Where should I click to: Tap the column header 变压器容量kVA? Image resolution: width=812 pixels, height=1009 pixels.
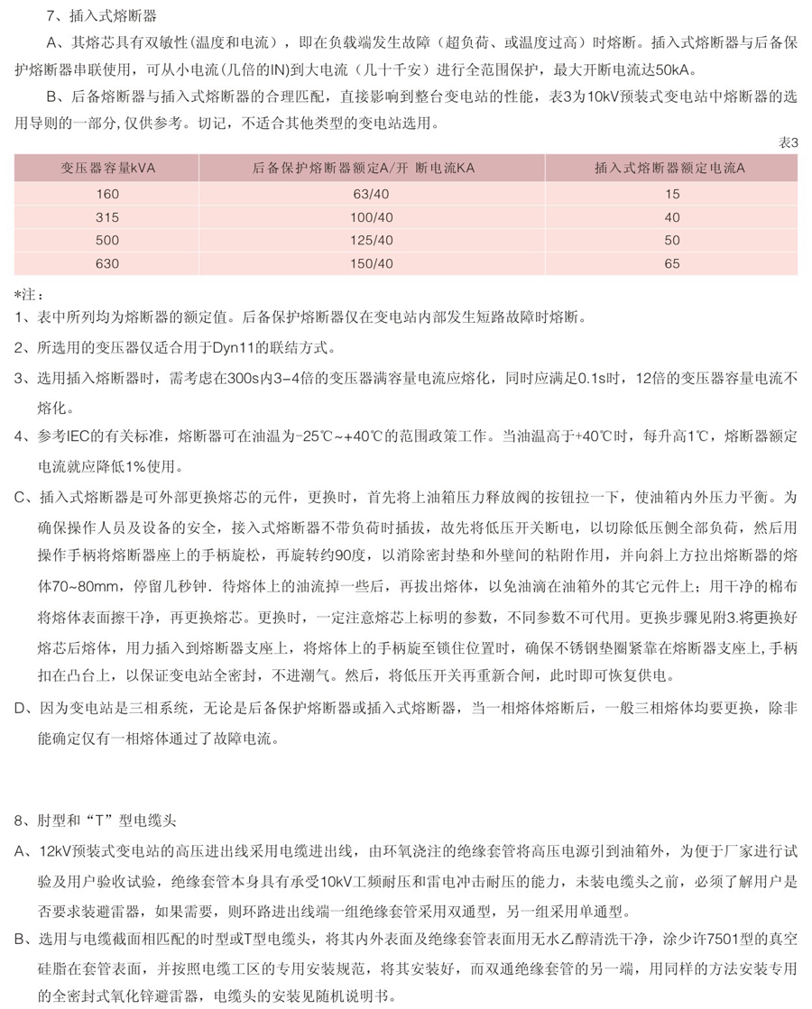pos(107,168)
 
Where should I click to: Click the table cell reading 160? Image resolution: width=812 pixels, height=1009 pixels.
pos(107,193)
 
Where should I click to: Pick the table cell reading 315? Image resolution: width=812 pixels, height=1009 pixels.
pos(107,216)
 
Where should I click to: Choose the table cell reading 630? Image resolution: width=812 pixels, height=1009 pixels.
pos(107,263)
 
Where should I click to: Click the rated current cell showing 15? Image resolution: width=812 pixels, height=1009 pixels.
pos(671,193)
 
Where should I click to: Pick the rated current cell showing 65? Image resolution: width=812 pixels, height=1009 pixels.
pos(671,263)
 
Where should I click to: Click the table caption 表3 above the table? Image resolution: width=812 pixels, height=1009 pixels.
pos(789,142)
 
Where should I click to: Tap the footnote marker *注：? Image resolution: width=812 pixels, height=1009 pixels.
pos(29,295)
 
